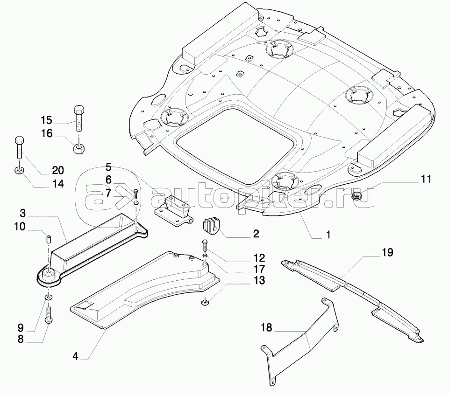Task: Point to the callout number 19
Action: click(387, 253)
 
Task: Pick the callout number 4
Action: click(75, 358)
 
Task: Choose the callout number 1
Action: click(328, 235)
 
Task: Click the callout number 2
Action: click(256, 234)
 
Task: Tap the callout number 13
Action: click(259, 280)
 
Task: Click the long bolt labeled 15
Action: click(78, 119)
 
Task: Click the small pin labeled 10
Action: click(47, 239)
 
